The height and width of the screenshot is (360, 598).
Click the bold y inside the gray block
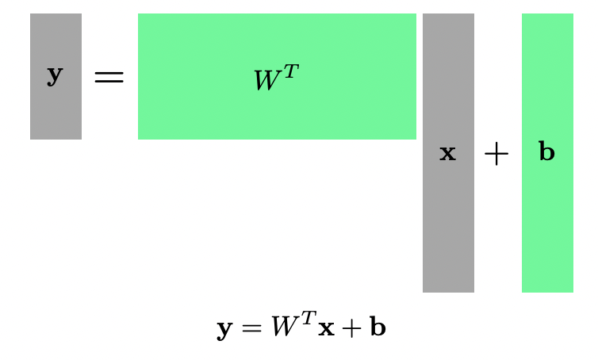pyautogui.click(x=55, y=75)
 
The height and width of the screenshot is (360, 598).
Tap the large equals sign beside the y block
pyautogui.click(x=109, y=77)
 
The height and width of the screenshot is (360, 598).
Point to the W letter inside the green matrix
pyautogui.click(x=266, y=81)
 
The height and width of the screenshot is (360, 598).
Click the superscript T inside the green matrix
pyautogui.click(x=291, y=72)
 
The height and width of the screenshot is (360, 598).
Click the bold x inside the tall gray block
pyautogui.click(x=448, y=153)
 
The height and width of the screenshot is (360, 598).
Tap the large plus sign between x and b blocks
pyautogui.click(x=496, y=155)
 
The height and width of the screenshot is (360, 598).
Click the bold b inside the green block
pyautogui.click(x=546, y=152)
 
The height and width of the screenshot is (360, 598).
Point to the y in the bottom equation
pyautogui.click(x=224, y=329)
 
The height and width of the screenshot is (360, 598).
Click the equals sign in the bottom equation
pyautogui.click(x=251, y=327)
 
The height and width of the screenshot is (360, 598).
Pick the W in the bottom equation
pyautogui.click(x=282, y=327)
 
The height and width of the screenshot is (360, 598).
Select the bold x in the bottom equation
pyautogui.click(x=325, y=329)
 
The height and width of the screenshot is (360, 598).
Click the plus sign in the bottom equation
pyautogui.click(x=351, y=327)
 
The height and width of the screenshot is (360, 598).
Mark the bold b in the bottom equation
pyautogui.click(x=378, y=327)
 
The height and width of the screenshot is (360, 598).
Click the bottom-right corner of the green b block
pyautogui.click(x=572, y=291)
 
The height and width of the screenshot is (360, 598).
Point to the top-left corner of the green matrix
pyautogui.click(x=140, y=15)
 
